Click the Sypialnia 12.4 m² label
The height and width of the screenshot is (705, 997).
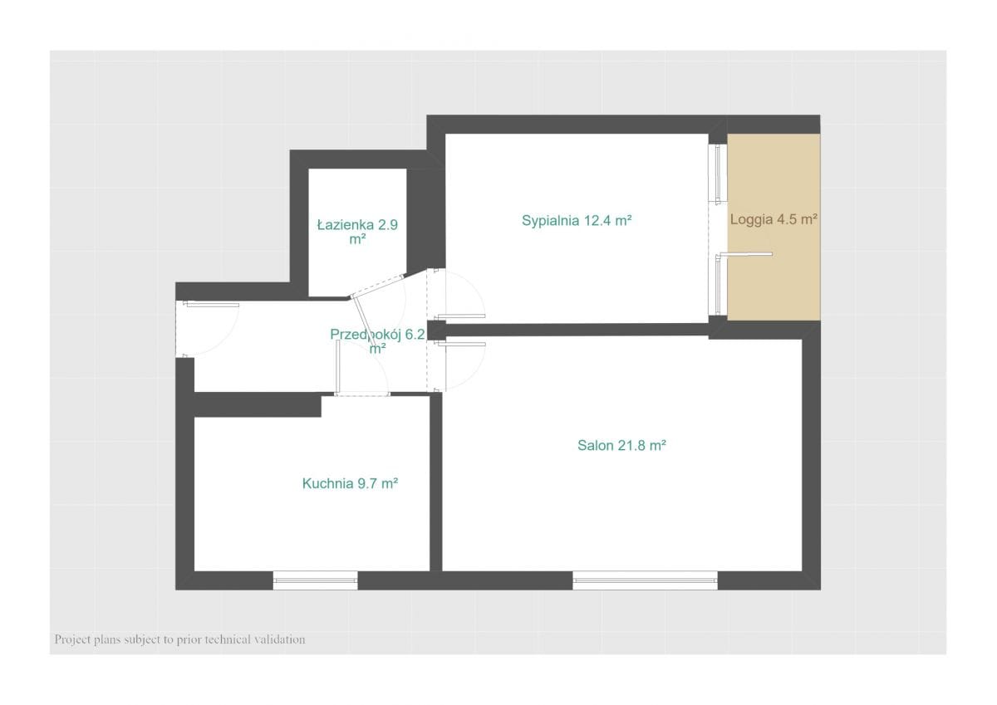pos(577,221)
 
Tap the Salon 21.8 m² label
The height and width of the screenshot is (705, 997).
pos(621,445)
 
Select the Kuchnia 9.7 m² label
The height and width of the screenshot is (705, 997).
pos(350,483)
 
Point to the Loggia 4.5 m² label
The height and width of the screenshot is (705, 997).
pos(774,219)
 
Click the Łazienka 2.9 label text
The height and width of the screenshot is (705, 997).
pos(357,225)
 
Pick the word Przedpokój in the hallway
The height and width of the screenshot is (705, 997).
pos(366,335)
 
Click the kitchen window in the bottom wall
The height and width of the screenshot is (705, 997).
pos(315,580)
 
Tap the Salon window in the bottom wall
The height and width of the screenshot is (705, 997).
pos(645,580)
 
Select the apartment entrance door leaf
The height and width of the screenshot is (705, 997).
pos(211,305)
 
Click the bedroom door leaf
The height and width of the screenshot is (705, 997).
pos(462,316)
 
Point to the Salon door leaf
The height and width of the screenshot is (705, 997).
pos(462,344)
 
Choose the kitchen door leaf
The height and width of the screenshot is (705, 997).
pos(338,366)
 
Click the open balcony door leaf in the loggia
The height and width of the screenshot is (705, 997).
pos(746,254)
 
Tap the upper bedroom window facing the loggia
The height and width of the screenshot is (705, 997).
pos(718,173)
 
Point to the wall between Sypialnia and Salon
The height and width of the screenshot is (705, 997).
pos(577,330)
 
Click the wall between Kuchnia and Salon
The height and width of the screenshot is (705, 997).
pos(436,482)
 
